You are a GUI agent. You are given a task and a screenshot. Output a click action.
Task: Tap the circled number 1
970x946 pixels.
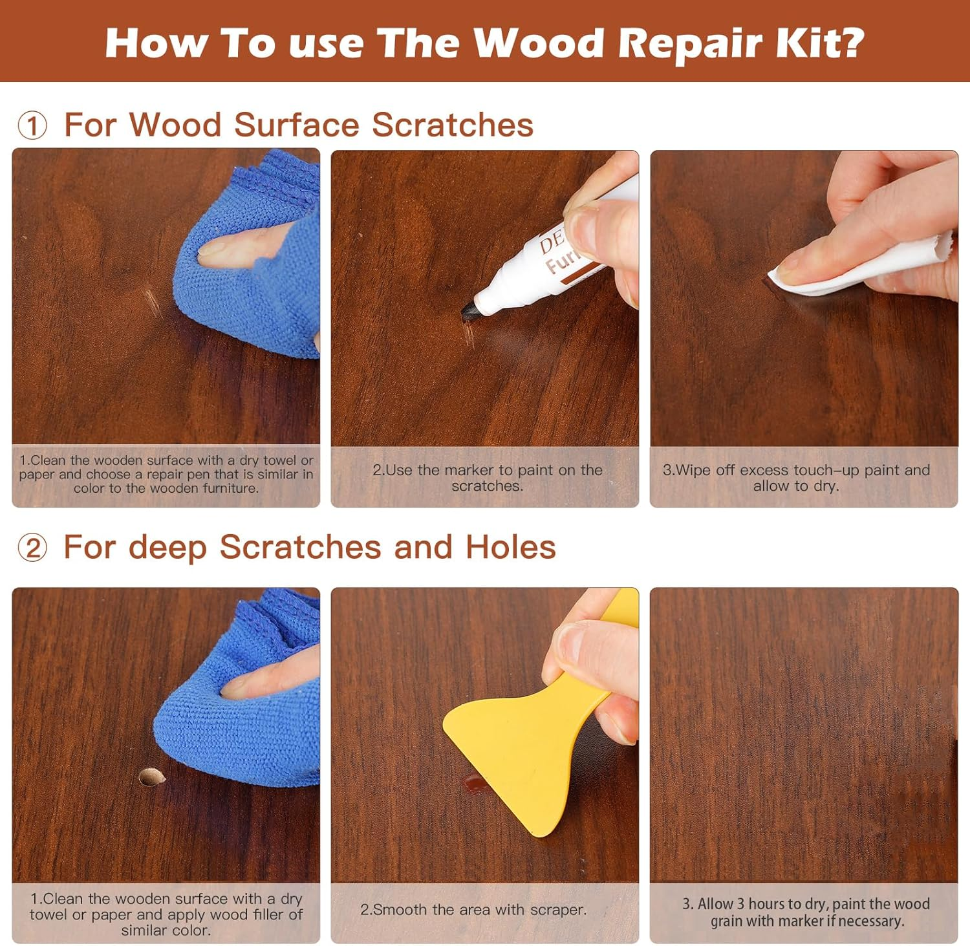click(x=32, y=125)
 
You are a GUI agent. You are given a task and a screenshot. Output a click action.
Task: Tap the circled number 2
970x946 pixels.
click(x=32, y=548)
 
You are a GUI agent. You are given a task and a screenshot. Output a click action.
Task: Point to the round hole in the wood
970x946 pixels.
click(x=151, y=777)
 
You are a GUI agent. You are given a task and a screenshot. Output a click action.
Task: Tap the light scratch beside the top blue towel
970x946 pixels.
click(x=153, y=301)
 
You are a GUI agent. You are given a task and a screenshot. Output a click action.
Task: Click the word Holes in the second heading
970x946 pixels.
click(x=510, y=547)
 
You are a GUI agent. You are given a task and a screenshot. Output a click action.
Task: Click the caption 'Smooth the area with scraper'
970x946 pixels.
click(x=473, y=909)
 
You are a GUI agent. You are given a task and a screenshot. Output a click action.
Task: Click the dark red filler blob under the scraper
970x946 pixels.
click(x=475, y=784)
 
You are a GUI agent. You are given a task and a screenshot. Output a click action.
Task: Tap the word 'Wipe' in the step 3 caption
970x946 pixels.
click(x=690, y=470)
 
